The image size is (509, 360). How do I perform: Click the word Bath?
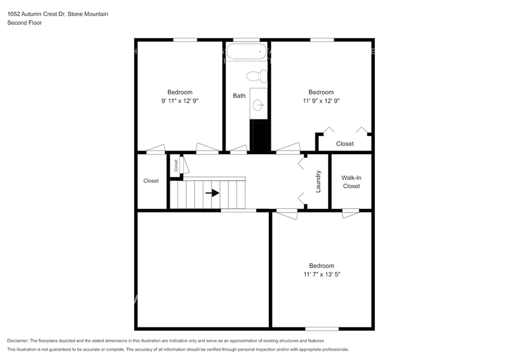click(239, 96)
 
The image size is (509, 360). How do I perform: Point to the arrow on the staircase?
click(213, 193)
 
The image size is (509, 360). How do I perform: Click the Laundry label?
click(318, 182)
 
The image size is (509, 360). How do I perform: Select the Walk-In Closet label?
click(351, 182)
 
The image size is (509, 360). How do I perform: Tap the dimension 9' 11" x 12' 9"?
click(179, 100)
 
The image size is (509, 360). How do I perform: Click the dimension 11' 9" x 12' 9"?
click(321, 100)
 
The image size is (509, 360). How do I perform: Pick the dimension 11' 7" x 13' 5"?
click(321, 275)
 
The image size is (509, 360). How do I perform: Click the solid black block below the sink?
click(261, 136)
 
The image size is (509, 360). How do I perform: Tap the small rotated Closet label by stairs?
click(176, 165)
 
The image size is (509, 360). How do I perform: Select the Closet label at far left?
click(151, 181)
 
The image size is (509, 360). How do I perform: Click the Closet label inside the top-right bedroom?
click(345, 144)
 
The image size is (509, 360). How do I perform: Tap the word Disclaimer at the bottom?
click(21, 340)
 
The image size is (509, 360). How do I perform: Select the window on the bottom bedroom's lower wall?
click(322, 329)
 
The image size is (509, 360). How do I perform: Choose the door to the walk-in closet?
click(350, 212)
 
